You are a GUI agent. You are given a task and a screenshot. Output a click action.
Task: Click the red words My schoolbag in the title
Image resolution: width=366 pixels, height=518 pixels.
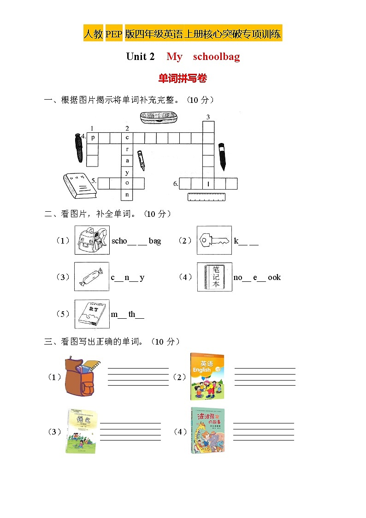click(203, 57)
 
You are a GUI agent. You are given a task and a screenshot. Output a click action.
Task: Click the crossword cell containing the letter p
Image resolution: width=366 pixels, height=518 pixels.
click(93, 137)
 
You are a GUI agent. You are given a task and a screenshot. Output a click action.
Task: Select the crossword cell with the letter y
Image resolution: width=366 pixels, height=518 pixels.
click(127, 172)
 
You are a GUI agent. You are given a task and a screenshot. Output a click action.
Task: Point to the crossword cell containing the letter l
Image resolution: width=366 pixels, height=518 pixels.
click(208, 184)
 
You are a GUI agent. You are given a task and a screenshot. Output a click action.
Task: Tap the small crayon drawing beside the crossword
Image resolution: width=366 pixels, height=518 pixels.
click(141, 160)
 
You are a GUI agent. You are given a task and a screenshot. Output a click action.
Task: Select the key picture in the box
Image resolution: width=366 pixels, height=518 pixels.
click(214, 240)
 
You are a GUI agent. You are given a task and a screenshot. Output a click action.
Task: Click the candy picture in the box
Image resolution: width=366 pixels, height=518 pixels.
click(92, 276)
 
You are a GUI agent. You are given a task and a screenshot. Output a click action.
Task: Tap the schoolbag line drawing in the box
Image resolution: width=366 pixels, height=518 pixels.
click(92, 240)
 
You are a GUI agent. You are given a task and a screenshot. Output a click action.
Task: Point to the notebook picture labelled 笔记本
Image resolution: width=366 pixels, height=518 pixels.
click(214, 277)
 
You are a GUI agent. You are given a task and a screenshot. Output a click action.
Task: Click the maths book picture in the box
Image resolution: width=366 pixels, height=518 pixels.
click(92, 314)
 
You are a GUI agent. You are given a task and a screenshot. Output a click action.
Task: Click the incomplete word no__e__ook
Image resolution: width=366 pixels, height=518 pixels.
click(257, 277)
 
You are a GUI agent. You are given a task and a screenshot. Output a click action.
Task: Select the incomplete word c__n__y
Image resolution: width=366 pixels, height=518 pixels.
click(128, 277)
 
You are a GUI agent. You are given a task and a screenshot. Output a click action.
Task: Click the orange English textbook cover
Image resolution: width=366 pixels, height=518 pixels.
click(207, 376)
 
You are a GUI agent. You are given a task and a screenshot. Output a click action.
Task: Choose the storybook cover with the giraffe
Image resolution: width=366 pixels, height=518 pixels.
click(207, 430)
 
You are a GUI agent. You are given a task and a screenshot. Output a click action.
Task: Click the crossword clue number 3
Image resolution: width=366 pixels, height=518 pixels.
click(208, 117)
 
